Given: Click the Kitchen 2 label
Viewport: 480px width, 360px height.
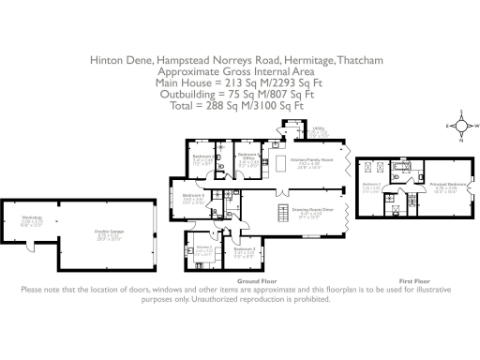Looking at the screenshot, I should coord(203,248).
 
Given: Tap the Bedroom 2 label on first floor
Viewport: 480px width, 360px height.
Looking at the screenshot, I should coord(370,186).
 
